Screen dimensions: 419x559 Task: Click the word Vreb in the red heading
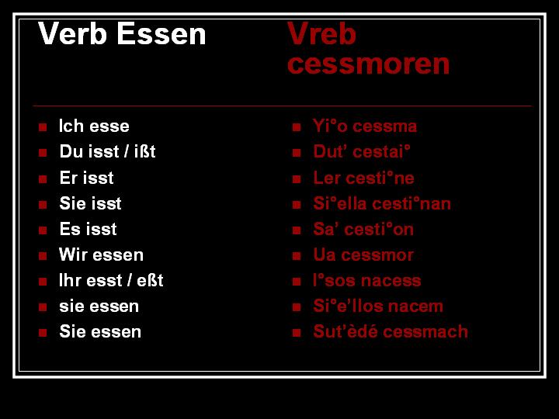tap(321, 34)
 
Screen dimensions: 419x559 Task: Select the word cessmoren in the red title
tap(368, 64)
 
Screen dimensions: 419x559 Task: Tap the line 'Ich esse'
tap(94, 126)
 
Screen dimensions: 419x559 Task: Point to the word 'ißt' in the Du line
tap(145, 152)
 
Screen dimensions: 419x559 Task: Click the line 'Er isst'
tap(86, 178)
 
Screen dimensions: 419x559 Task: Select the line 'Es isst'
tap(88, 229)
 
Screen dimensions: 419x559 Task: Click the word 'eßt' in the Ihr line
tap(150, 280)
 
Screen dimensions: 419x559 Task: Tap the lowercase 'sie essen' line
tap(99, 306)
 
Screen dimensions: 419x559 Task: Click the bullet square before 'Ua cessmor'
tap(297, 255)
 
